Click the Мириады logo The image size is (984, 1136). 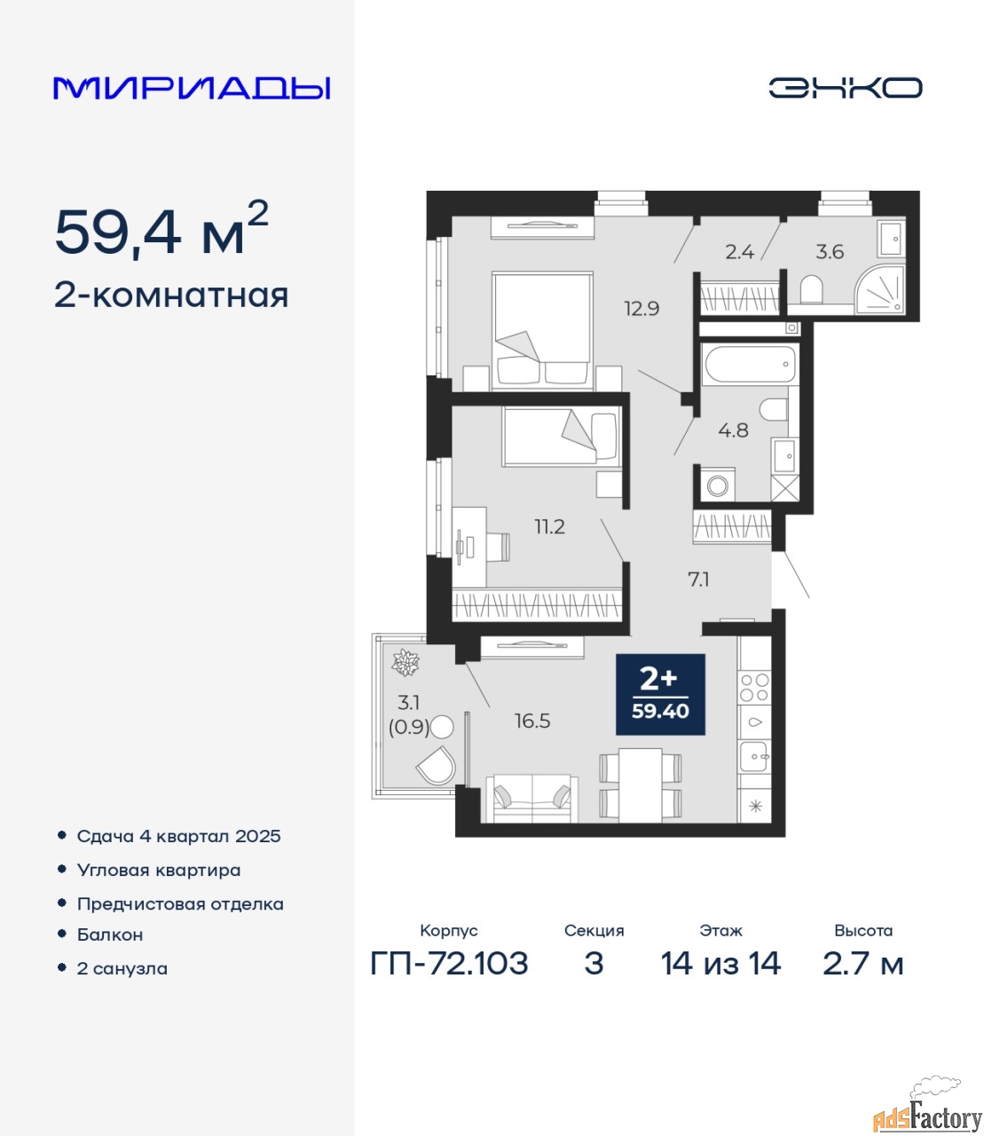click(192, 88)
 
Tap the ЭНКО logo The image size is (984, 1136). click(845, 88)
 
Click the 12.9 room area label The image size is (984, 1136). click(642, 308)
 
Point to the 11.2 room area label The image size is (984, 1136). click(549, 527)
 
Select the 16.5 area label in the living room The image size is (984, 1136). click(532, 721)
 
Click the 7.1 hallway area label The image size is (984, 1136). click(699, 580)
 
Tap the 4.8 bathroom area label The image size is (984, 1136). click(733, 430)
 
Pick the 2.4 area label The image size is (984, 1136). click(739, 252)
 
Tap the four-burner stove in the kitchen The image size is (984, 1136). click(754, 688)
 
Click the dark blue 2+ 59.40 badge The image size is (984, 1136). click(660, 694)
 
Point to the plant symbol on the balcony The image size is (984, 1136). click(405, 662)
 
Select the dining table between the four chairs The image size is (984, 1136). click(640, 785)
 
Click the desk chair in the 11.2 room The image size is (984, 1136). click(499, 547)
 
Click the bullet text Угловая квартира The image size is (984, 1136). click(159, 870)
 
